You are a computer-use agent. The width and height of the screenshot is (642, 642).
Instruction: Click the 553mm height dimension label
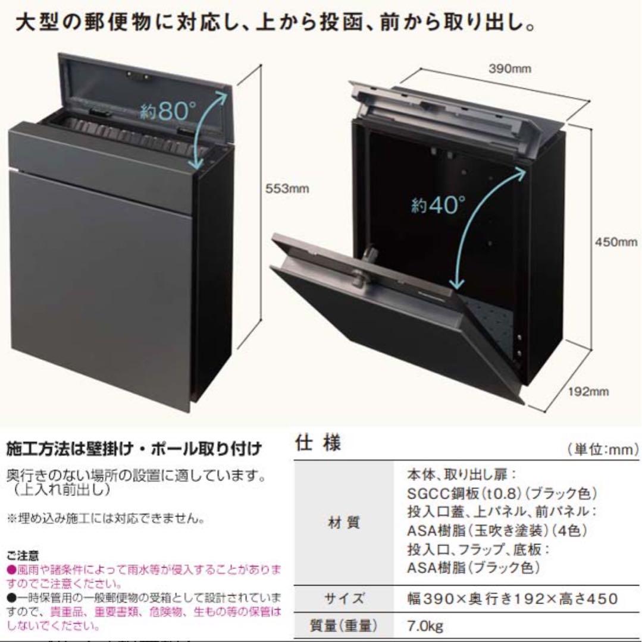(287, 189)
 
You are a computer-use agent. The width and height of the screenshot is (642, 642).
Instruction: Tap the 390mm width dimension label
(510, 68)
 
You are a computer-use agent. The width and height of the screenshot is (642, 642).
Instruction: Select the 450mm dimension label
(616, 242)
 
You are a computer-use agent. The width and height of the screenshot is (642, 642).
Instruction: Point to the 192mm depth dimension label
(588, 391)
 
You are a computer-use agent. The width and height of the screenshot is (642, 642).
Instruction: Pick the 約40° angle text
(439, 204)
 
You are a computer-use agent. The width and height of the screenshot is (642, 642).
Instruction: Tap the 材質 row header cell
(344, 523)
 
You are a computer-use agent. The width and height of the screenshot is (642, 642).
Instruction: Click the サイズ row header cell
(344, 599)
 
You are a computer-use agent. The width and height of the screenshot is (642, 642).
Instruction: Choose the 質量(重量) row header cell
(343, 625)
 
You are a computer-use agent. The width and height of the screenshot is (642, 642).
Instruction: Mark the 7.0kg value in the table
(425, 625)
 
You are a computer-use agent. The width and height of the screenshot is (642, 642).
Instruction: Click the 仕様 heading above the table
(318, 443)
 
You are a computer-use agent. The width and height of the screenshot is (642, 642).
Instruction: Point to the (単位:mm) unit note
(603, 449)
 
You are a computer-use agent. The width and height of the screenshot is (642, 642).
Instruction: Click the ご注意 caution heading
(23, 556)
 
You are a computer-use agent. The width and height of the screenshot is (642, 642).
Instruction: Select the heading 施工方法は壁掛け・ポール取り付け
(134, 449)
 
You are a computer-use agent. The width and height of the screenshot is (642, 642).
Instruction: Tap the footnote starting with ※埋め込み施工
(106, 519)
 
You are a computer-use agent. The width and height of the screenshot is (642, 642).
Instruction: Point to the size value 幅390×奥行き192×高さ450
(512, 599)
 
